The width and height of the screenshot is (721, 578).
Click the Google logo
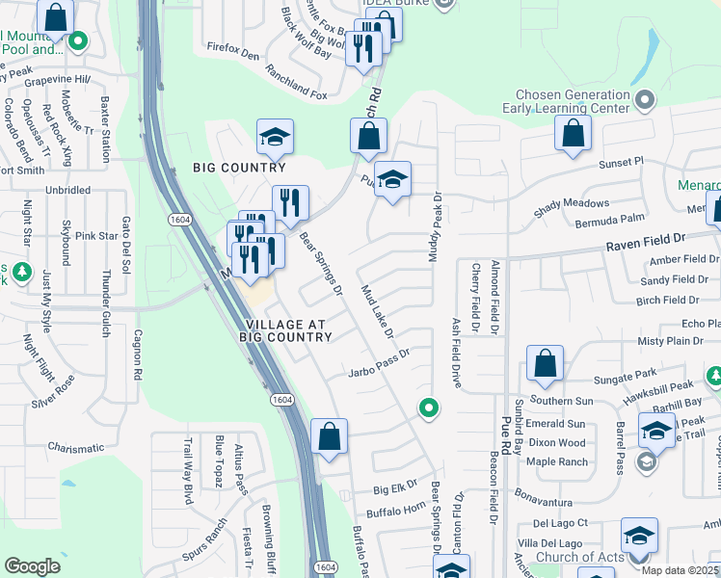[x=33, y=566]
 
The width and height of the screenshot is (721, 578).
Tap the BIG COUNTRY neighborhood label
[x=239, y=168]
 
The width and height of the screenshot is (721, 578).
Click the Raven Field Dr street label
[x=645, y=235]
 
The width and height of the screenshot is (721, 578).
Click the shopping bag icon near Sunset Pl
[x=573, y=134]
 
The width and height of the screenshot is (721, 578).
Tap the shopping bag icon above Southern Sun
[x=545, y=364]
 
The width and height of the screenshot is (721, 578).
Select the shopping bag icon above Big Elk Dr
[x=329, y=435]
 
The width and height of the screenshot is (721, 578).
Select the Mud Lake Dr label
[x=377, y=311]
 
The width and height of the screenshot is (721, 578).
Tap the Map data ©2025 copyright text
[x=680, y=570]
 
